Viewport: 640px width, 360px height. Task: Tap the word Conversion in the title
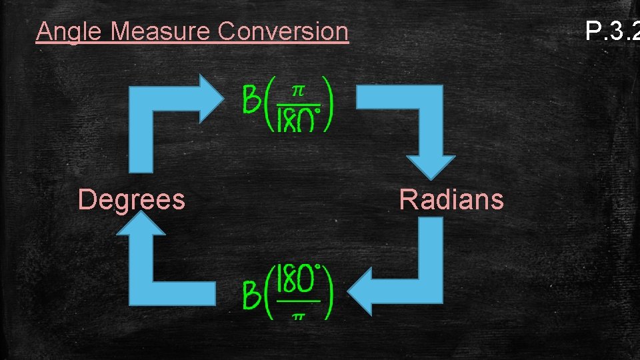click(283, 32)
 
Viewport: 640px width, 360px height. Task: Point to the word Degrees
click(131, 199)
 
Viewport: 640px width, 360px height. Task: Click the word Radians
click(451, 199)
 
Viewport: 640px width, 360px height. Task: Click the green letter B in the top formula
click(251, 103)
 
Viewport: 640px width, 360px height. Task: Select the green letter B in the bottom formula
click(251, 295)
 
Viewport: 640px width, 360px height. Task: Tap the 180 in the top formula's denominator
click(296, 120)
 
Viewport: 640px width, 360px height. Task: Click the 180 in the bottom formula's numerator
click(296, 281)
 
